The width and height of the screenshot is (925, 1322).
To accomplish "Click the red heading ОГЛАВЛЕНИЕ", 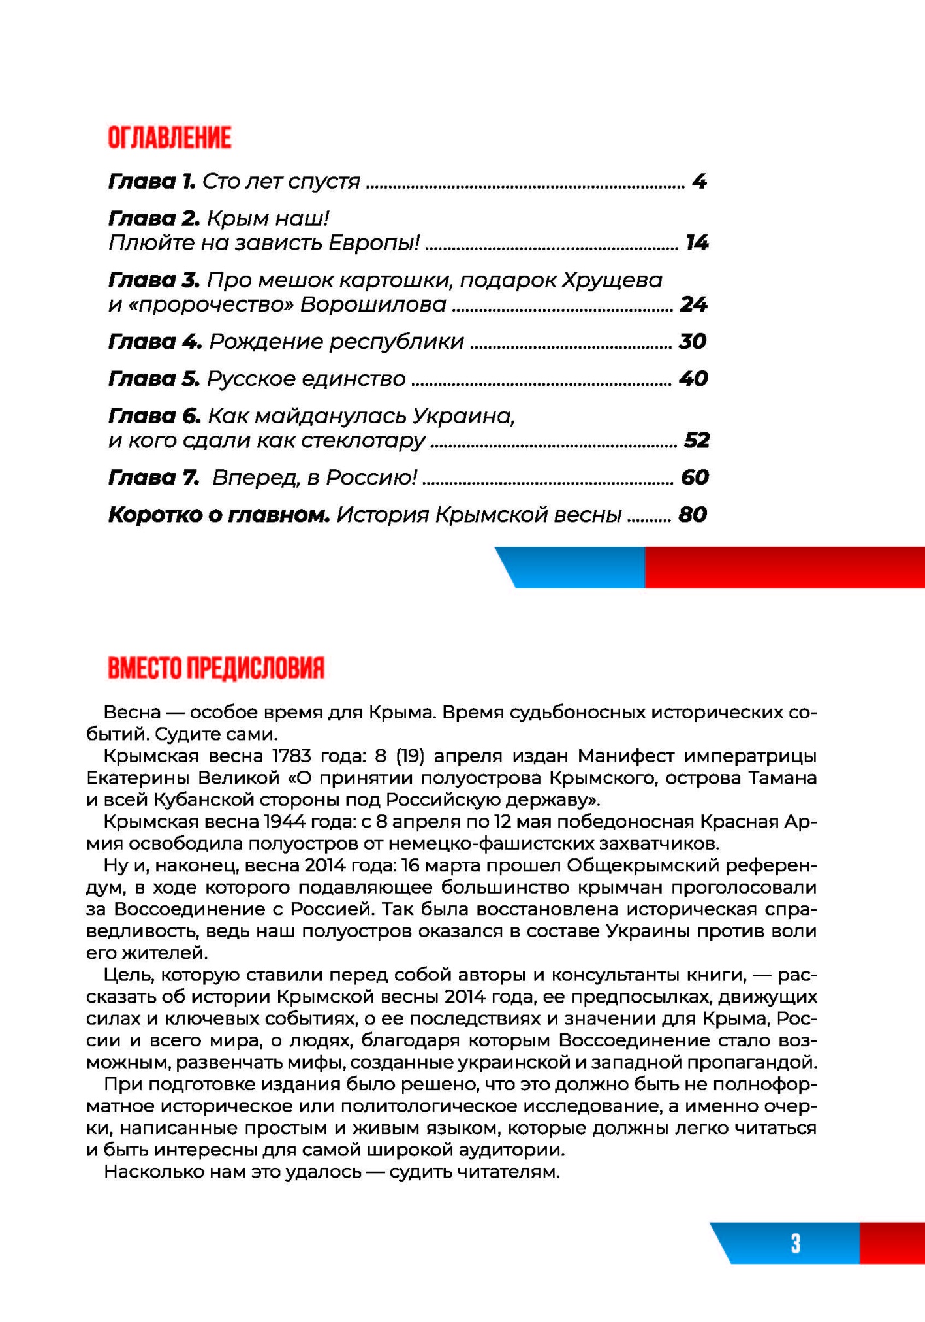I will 169,138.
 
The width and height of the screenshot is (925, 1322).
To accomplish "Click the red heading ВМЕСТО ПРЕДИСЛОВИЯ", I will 216,668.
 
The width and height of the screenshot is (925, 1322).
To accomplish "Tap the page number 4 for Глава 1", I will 699,181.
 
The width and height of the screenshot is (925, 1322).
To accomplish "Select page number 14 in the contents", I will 697,243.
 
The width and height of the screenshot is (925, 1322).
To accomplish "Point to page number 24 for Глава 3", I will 693,304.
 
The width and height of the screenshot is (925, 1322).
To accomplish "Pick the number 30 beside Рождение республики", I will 693,342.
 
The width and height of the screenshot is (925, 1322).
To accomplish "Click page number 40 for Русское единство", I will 693,379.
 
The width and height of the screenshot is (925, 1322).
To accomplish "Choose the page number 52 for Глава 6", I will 697,440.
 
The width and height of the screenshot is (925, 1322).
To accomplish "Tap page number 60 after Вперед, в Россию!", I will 695,477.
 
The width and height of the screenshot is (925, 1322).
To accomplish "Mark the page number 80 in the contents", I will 693,515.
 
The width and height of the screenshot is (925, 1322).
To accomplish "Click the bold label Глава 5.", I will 154,379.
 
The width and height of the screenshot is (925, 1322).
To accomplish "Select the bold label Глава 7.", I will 154,477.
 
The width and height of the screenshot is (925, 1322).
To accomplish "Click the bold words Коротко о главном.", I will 219,515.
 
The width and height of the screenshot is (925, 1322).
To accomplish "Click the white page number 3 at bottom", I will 795,1242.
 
